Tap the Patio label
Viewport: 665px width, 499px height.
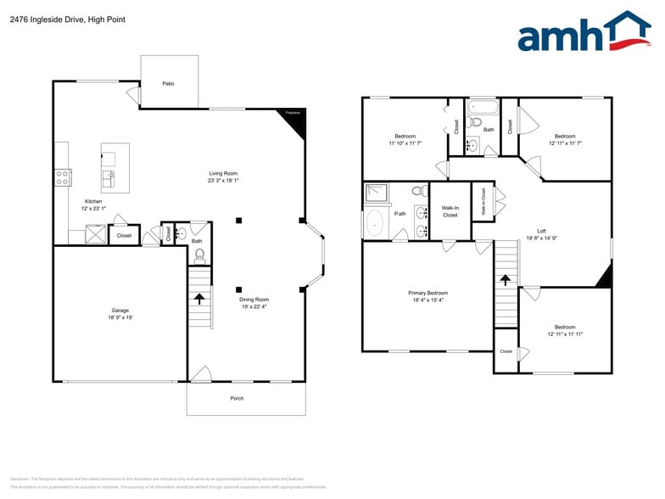coord(169,83)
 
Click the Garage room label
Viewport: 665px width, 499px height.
coord(120,310)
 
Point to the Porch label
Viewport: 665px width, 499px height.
coord(237,398)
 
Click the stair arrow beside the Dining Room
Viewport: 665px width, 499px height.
coord(199,298)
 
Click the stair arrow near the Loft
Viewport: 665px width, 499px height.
coord(506,278)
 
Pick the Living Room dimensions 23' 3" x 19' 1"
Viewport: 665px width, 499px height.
coord(223,180)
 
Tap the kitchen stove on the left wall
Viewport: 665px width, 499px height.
coord(62,177)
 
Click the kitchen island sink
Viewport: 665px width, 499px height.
coord(109,177)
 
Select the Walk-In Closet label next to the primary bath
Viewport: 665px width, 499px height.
coord(450,211)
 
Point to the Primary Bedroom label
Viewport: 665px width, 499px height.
coord(427,293)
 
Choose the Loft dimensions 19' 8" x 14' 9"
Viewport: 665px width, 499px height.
coord(541,238)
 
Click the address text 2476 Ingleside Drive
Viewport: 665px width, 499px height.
coord(42,19)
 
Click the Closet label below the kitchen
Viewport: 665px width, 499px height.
coord(124,235)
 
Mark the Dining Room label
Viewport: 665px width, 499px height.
coord(254,299)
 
